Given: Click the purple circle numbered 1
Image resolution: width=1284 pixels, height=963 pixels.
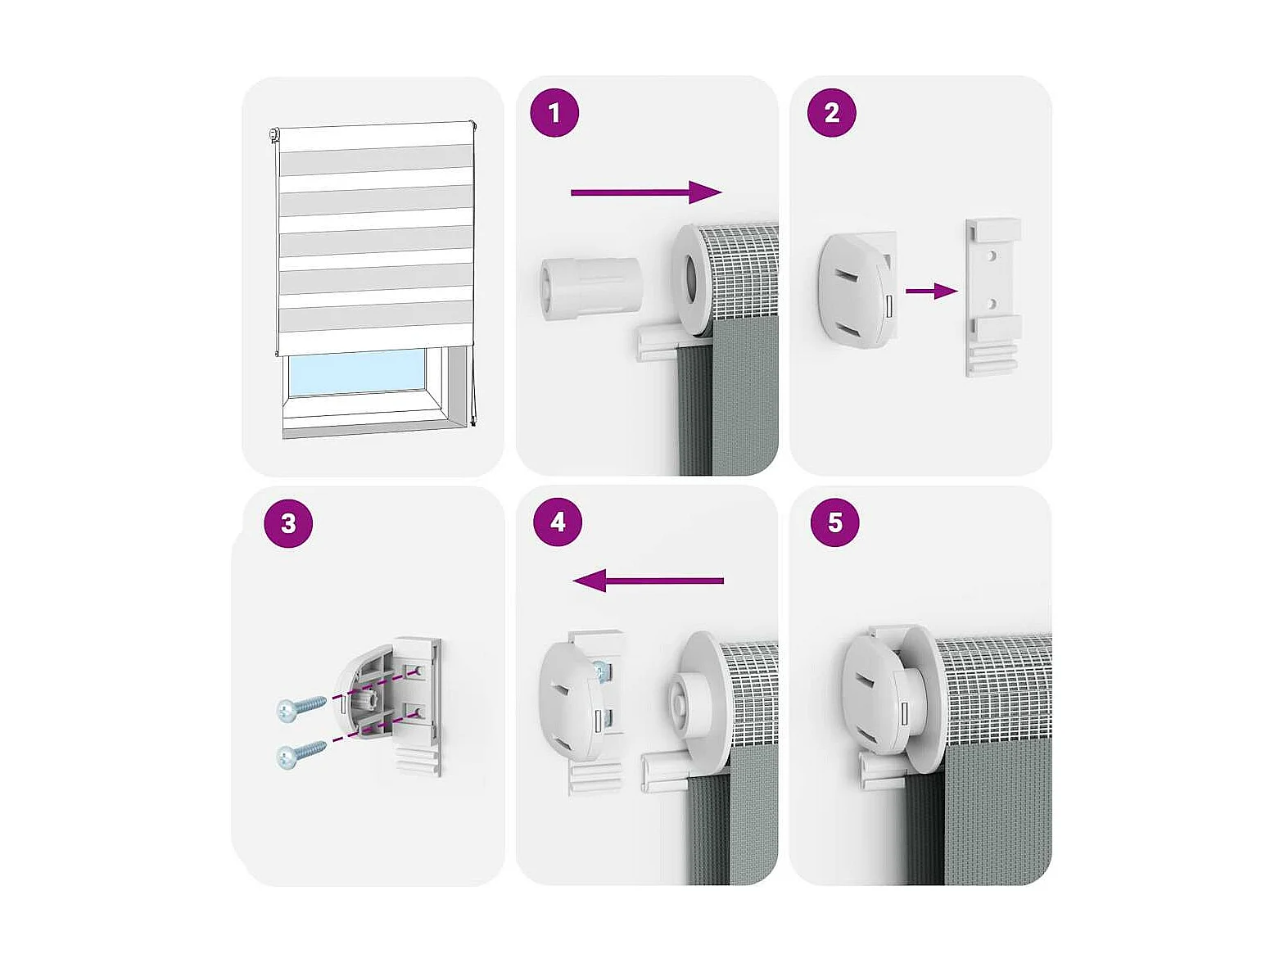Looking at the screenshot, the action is tap(554, 113).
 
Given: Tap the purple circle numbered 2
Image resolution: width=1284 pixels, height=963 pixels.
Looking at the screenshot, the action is tap(831, 113).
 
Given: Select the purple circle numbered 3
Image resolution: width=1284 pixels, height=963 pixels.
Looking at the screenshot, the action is tap(287, 522).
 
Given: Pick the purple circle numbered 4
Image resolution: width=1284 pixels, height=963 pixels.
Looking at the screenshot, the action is tap(558, 522).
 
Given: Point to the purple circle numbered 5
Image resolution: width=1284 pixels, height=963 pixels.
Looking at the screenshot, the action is tap(834, 522).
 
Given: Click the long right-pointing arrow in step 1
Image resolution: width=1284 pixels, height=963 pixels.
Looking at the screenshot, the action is tap(646, 192).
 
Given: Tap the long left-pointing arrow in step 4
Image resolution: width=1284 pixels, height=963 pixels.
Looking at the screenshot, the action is tap(649, 581).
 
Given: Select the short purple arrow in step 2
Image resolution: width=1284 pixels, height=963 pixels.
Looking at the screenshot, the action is tap(931, 291).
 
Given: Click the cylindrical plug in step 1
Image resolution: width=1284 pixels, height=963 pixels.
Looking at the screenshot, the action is tap(590, 288).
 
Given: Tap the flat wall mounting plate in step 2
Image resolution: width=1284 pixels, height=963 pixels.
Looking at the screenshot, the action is tap(992, 297).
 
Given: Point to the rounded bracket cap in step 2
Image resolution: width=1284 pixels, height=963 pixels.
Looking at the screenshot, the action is tap(856, 291).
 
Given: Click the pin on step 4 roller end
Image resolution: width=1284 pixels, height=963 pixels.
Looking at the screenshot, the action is tap(680, 710).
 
